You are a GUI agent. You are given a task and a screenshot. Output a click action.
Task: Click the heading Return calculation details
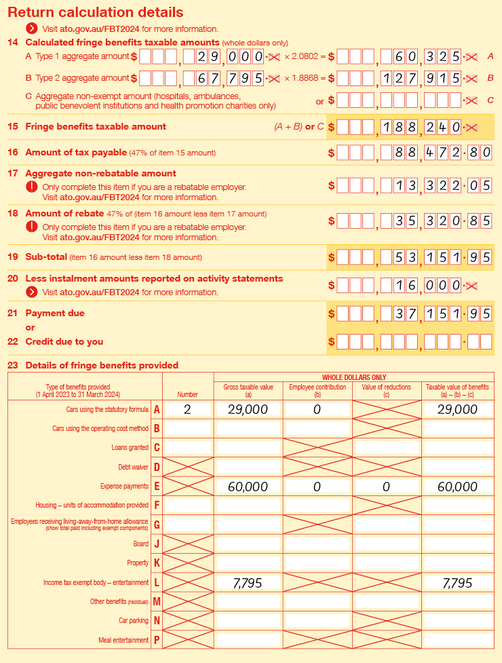(95, 13)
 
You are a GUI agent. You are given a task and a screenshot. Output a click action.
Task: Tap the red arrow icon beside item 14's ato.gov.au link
(31, 29)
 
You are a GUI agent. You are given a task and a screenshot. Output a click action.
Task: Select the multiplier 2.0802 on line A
(305, 57)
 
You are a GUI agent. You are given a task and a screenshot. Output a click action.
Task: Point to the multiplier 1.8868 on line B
(305, 78)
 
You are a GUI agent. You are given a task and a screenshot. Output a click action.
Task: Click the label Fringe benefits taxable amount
(96, 126)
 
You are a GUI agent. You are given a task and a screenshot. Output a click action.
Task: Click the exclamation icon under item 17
(31, 187)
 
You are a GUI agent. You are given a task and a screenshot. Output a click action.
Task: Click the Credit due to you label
(64, 341)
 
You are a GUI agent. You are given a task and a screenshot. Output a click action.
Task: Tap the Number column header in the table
(187, 394)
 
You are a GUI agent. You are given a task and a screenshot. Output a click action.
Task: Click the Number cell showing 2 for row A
(187, 410)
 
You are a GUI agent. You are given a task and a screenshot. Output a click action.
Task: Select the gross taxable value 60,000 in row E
(248, 487)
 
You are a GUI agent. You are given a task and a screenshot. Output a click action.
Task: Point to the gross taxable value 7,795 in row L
(248, 583)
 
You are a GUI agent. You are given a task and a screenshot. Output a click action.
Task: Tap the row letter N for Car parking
(157, 621)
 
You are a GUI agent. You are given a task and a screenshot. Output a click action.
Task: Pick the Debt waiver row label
(133, 468)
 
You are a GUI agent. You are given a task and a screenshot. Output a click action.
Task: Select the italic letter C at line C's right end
(490, 100)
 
